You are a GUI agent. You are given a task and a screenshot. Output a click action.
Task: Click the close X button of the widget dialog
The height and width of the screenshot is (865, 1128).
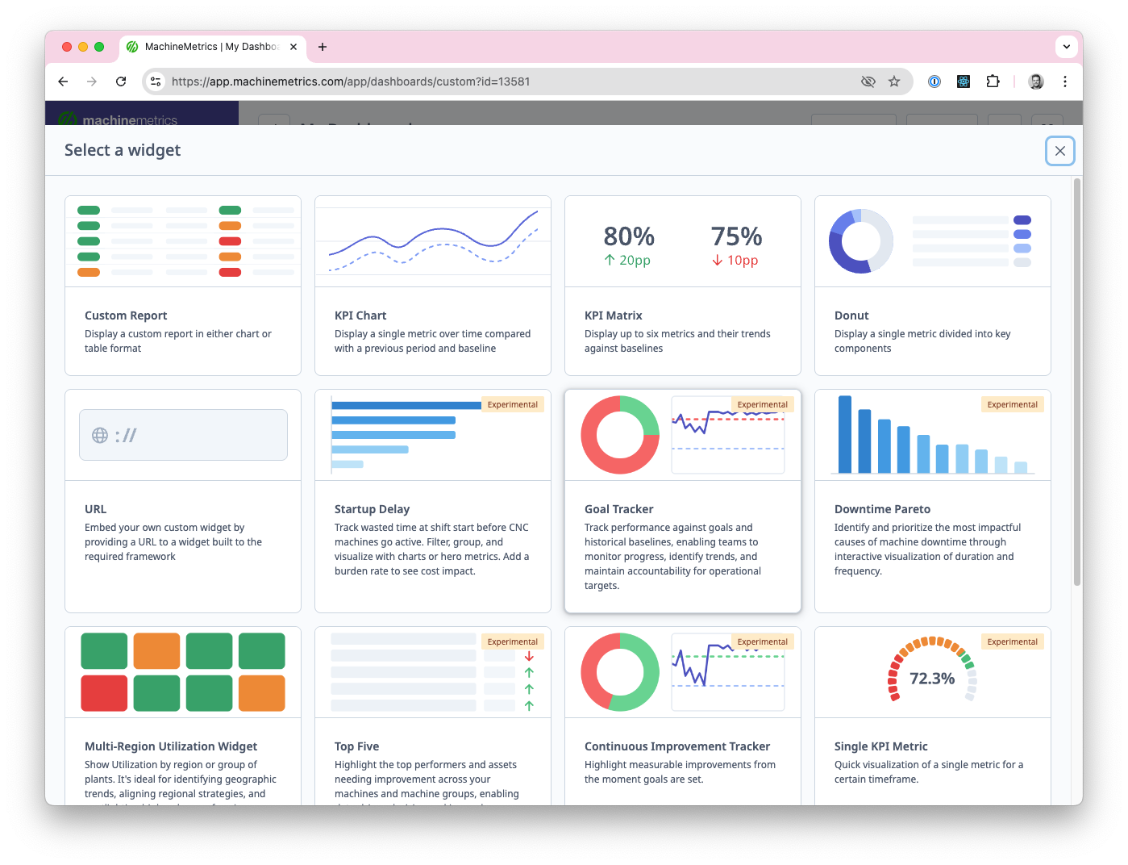1059,151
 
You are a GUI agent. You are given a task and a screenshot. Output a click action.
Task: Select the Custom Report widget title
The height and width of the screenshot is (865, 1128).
126,315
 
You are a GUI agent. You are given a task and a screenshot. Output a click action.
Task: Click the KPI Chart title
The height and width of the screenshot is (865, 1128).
360,315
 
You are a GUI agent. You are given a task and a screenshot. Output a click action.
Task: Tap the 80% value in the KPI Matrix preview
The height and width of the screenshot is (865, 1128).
629,236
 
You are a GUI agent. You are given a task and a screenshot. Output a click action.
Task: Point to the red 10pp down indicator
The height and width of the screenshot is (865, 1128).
735,261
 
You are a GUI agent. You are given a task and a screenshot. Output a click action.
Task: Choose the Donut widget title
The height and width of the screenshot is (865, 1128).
851,315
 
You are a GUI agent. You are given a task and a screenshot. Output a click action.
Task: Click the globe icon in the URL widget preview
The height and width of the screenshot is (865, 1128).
100,436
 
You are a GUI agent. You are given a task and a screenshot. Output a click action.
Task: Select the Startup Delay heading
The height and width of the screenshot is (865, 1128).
372,509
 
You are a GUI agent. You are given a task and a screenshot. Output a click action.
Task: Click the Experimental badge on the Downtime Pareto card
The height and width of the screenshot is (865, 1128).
1012,405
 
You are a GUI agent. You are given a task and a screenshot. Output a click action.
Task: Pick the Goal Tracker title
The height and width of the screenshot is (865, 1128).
618,509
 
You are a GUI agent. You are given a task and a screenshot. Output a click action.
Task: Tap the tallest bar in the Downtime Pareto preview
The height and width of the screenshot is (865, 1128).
845,434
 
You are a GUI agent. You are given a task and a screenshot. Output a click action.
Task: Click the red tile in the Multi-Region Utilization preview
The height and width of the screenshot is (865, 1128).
104,693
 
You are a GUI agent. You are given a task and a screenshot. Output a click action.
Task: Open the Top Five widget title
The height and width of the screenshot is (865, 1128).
356,746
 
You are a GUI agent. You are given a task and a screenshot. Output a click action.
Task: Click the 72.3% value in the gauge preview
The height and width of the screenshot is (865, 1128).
932,679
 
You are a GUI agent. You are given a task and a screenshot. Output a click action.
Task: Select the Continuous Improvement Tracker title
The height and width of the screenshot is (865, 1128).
676,746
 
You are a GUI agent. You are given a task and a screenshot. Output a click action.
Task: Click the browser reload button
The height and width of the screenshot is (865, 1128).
121,81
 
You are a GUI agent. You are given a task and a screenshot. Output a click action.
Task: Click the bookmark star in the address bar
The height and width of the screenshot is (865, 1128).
894,81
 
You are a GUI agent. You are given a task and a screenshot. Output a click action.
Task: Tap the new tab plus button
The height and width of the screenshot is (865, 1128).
323,47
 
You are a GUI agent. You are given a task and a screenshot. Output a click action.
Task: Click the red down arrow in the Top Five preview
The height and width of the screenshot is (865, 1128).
529,656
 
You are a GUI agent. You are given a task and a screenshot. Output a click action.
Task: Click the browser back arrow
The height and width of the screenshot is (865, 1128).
63,81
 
